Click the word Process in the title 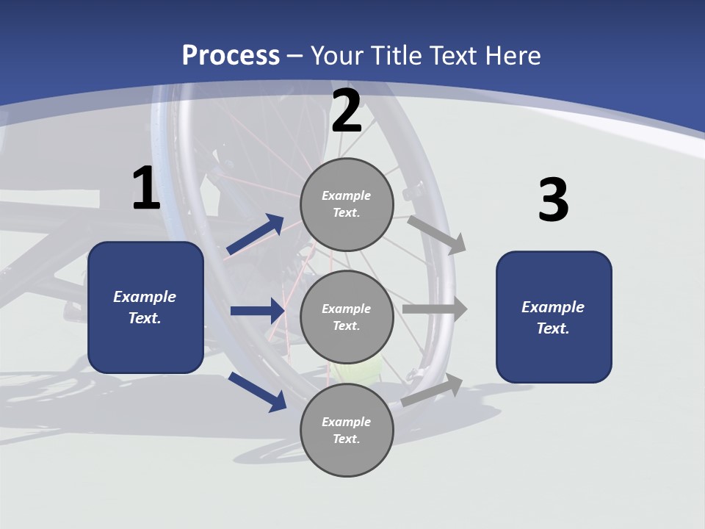[231, 56]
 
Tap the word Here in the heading [513, 55]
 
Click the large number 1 [146, 187]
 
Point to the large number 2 [347, 110]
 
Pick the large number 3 [554, 199]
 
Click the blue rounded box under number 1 [145, 307]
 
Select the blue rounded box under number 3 [554, 317]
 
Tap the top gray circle [347, 204]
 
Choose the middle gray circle [347, 317]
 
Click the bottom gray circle [347, 430]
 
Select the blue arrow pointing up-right [255, 234]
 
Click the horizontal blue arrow [258, 310]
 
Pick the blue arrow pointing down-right [258, 392]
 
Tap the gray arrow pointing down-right [436, 236]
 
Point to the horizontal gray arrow [435, 309]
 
